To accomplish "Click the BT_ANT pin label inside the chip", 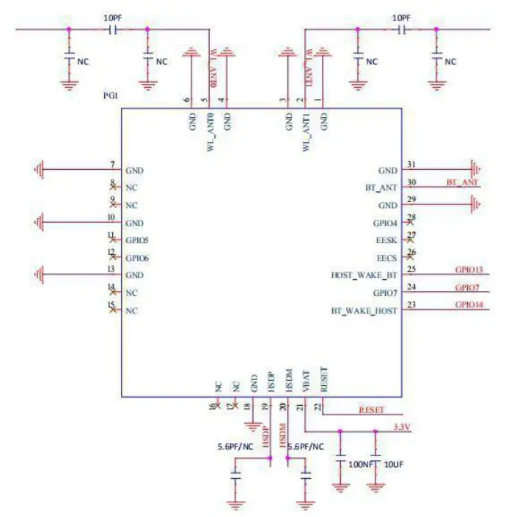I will click(x=381, y=187).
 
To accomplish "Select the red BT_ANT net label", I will click(x=462, y=181).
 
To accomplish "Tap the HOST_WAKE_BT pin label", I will click(x=364, y=275).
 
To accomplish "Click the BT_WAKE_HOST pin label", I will click(x=364, y=310).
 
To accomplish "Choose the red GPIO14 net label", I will click(x=468, y=304).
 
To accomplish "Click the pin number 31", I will click(x=411, y=164).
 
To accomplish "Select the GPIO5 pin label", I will click(x=137, y=240).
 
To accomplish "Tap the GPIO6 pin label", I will click(x=137, y=258).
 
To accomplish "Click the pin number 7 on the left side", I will click(x=111, y=164).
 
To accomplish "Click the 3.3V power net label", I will click(x=401, y=425).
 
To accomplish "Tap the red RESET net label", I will click(x=371, y=409).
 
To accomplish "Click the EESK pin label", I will click(x=386, y=240).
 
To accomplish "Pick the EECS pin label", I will click(x=386, y=258).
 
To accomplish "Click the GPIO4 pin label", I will click(x=384, y=223).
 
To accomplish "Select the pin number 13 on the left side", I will click(x=111, y=269).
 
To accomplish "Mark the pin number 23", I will click(x=411, y=305).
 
